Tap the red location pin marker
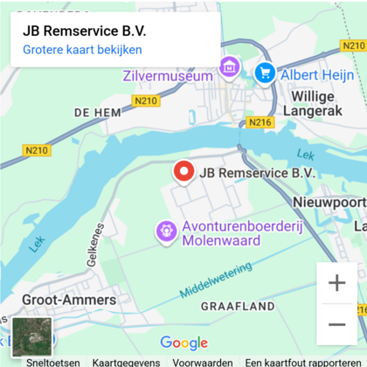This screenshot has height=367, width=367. (x=183, y=172)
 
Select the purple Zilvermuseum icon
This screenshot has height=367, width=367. (x=229, y=66)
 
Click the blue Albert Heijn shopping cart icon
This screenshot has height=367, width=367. (x=265, y=73)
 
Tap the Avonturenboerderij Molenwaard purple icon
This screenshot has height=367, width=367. (x=164, y=231)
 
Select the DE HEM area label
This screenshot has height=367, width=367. (x=96, y=113)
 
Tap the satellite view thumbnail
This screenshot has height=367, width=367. (x=32, y=336)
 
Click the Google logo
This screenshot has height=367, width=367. (x=183, y=343)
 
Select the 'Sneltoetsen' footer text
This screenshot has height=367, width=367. (x=52, y=362)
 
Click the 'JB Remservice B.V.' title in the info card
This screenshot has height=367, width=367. (x=84, y=31)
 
